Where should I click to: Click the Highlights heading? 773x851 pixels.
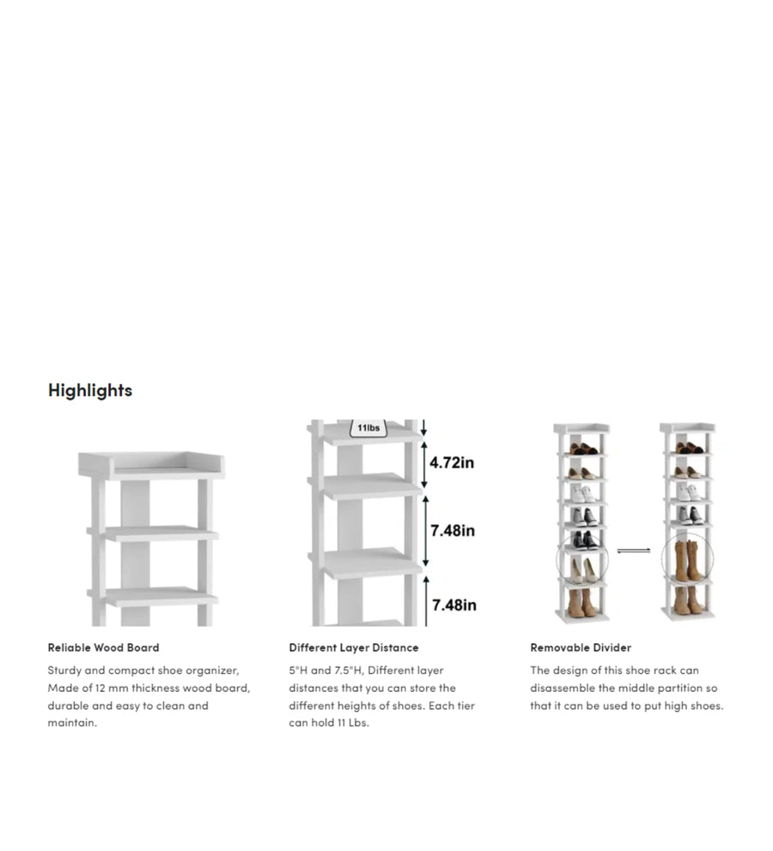(90, 390)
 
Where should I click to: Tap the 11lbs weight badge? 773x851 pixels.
(368, 428)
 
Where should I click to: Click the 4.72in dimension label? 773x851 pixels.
(452, 462)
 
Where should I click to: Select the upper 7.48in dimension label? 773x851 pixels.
(453, 530)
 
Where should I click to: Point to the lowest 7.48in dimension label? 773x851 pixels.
(454, 604)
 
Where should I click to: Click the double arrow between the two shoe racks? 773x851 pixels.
(634, 551)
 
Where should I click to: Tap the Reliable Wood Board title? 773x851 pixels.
(104, 647)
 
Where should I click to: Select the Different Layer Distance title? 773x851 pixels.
(354, 647)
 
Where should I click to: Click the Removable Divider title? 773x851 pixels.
(581, 647)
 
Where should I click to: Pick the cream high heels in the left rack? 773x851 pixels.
(583, 571)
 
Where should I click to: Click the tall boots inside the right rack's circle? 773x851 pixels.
(688, 560)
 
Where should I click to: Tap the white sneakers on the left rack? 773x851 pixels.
(582, 493)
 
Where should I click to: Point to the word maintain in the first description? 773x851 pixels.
(71, 722)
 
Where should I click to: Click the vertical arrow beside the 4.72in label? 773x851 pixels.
(424, 464)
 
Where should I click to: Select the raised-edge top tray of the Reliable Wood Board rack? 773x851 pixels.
(151, 466)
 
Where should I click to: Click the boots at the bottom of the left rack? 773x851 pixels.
(581, 603)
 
